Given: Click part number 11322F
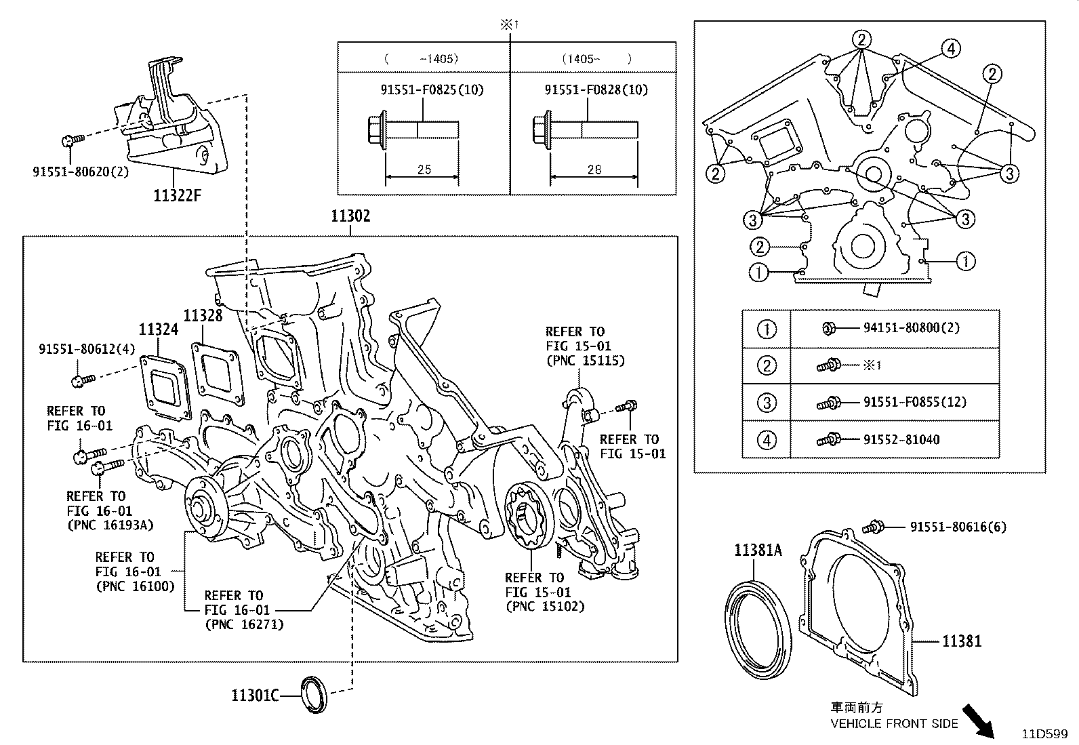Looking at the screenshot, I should [178, 197].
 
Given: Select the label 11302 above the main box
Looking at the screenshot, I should [350, 216].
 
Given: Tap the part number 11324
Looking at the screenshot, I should [159, 330].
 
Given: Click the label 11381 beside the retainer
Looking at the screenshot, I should [961, 641].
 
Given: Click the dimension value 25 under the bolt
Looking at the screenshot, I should [424, 169].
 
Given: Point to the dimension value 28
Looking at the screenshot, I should [594, 169].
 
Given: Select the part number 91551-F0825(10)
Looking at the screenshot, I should [432, 89].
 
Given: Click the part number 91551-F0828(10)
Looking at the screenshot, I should [596, 89].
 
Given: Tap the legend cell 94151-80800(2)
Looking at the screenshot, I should [911, 328].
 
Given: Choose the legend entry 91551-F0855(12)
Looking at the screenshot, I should [914, 402].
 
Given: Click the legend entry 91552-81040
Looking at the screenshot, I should [901, 439].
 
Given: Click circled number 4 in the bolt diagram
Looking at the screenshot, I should [951, 48].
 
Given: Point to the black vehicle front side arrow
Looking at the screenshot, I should [979, 720].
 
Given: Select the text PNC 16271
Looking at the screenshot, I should [244, 624].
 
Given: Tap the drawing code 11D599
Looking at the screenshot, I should [1044, 733].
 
